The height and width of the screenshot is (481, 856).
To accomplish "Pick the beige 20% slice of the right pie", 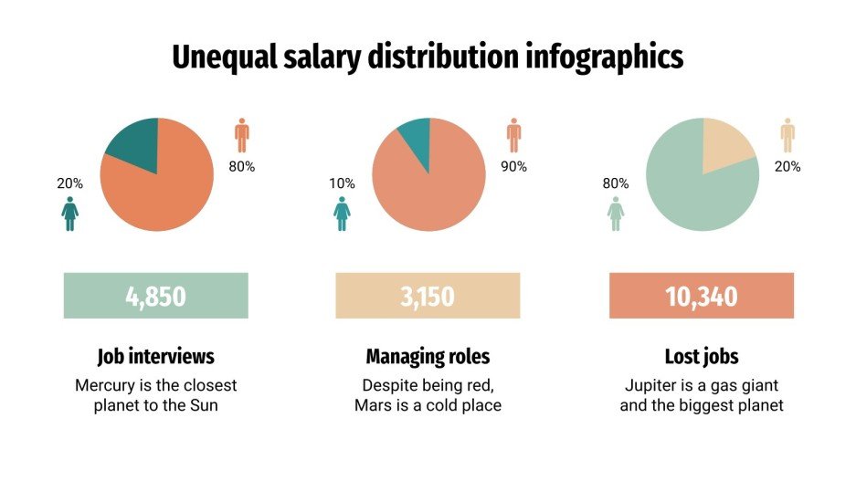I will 726,146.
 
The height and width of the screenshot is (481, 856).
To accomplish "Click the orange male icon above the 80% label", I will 241,135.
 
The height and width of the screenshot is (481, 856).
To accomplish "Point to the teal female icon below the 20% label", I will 70,213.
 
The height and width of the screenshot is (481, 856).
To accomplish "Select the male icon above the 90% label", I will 513,135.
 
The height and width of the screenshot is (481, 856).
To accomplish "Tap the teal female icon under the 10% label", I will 342,213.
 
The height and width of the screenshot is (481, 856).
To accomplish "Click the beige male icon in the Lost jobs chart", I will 787,135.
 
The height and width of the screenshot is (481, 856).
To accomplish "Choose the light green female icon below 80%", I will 616,213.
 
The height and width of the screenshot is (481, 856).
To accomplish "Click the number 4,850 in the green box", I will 155,297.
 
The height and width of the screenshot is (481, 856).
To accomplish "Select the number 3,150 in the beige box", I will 427,297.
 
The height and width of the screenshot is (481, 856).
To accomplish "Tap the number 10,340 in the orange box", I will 701,297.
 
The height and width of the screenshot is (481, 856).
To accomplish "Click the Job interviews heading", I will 155,356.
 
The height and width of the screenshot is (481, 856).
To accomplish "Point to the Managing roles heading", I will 428,356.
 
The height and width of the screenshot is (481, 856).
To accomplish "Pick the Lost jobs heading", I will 702,356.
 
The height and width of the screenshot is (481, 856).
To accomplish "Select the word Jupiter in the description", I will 651,385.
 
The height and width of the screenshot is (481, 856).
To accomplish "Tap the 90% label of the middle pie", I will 513,167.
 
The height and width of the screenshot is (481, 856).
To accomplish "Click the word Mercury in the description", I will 107,385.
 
